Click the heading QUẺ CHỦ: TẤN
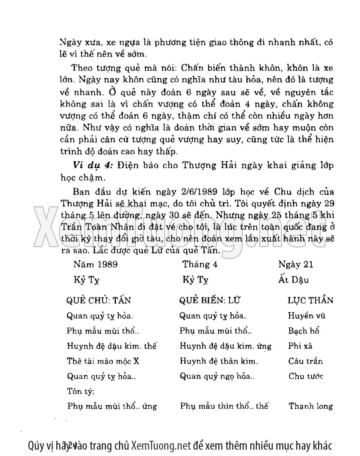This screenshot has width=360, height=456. click(99, 300)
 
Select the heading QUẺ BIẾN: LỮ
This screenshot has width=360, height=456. click(210, 300)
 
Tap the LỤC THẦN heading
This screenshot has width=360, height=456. click(310, 300)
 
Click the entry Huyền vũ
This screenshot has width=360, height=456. click(307, 316)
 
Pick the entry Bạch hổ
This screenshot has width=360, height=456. click(303, 331)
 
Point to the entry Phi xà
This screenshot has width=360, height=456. click(300, 346)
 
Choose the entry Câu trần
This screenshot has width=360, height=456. click(305, 361)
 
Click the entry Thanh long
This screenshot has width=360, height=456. click(310, 406)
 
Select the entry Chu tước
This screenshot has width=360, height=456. click(306, 376)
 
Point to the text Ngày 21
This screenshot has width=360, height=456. click(296, 264)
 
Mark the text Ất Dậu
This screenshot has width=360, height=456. click(294, 280)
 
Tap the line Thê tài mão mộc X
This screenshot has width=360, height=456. click(103, 361)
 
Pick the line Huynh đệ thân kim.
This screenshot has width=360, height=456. click(219, 361)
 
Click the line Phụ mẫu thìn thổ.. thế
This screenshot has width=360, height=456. click(224, 406)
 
